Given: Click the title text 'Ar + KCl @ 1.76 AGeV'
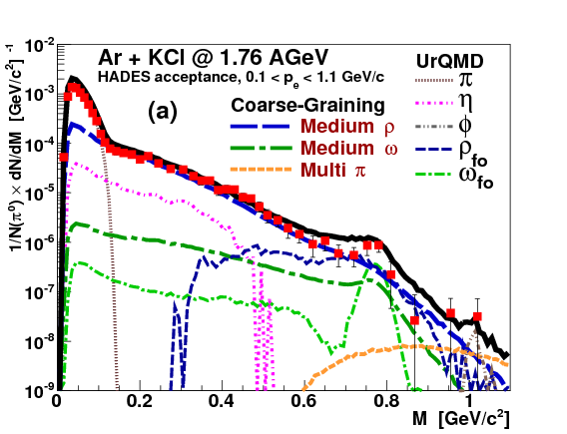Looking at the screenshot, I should coord(196,58).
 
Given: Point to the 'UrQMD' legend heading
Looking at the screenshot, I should coord(444,61).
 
